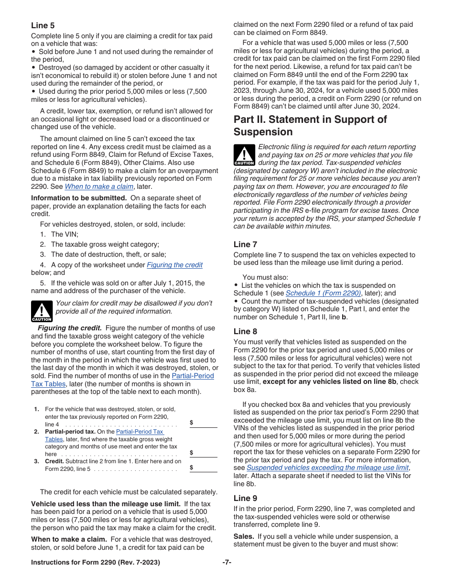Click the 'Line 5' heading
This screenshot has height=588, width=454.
[x=43, y=25]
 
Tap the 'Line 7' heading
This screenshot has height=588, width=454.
[x=245, y=244]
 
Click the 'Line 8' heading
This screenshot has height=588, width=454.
[x=245, y=331]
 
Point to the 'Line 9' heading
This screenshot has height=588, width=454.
[x=245, y=498]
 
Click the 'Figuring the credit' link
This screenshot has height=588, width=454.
[x=174, y=265]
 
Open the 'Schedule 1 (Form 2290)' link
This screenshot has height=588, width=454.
[x=323, y=294]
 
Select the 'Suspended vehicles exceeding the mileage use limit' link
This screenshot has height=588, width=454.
[x=327, y=468]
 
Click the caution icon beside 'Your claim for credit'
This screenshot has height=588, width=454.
[x=42, y=311]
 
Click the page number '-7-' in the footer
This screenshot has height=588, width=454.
[x=227, y=562]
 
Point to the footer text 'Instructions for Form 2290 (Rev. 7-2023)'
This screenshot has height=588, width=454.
[x=96, y=562]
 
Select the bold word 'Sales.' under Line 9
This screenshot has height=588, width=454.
[x=244, y=536]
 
